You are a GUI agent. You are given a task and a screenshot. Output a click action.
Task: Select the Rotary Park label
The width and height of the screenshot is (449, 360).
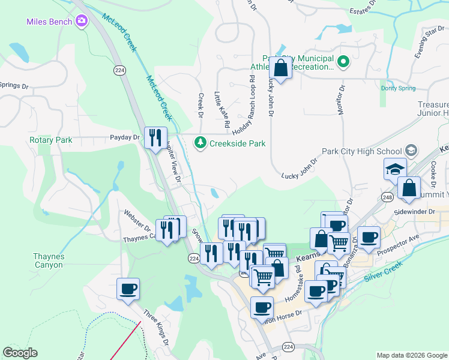pos(50,140)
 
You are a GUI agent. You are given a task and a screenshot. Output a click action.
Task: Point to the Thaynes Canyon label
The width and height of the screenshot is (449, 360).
pos(48,260)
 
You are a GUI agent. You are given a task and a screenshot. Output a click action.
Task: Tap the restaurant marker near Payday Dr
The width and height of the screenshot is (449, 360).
pos(156,137)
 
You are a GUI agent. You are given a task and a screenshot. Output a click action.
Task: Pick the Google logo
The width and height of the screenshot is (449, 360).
pos(20,353)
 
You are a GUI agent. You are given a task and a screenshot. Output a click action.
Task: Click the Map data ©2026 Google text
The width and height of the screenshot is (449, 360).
pos(411,355)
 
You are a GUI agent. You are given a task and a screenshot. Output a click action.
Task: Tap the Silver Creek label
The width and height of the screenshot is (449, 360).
pos(382,271)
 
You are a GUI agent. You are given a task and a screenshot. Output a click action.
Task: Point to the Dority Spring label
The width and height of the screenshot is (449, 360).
pos(398,88)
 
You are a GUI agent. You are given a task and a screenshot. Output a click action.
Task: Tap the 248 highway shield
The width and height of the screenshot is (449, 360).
pos(387,197)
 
